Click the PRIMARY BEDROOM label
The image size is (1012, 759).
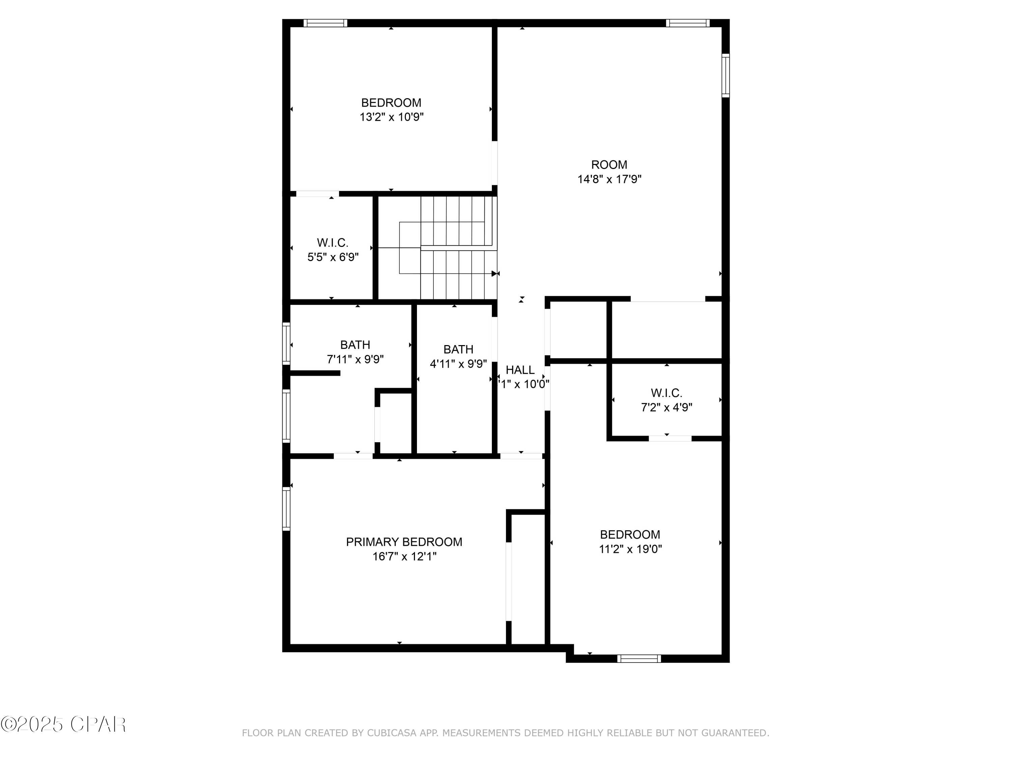click(404, 542)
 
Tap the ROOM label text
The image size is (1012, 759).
click(609, 165)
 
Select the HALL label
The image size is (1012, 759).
click(520, 370)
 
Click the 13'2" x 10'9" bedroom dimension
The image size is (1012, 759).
click(391, 117)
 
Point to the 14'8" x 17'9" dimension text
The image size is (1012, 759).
click(609, 179)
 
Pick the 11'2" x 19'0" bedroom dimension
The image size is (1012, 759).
click(630, 549)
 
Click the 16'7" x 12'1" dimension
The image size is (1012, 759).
click(404, 556)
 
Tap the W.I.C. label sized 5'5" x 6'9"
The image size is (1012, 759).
click(333, 243)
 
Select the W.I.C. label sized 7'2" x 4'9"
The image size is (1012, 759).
click(666, 393)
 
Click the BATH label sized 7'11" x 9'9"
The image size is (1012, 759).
click(355, 345)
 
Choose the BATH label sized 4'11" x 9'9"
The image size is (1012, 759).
click(458, 349)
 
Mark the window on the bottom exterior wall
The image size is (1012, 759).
click(639, 659)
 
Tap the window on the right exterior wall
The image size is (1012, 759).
click(726, 76)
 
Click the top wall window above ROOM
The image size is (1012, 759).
click(687, 23)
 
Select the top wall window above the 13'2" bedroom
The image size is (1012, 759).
click(325, 23)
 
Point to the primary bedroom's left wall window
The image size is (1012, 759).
click(286, 509)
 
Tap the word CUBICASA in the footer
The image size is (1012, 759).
click(392, 733)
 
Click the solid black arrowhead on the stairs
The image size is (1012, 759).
click(494, 274)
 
